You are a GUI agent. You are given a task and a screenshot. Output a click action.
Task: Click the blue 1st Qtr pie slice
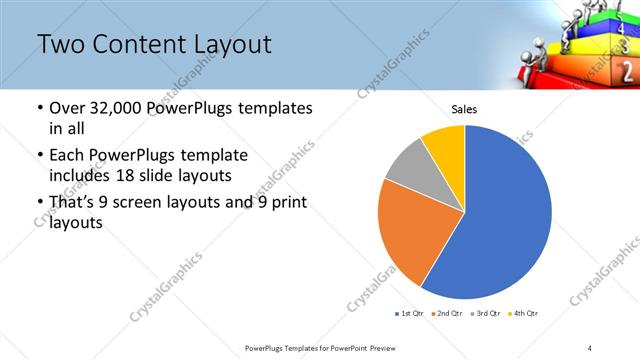pyautogui.click(x=500, y=220)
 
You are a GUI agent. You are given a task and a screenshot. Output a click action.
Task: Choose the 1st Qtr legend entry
pyautogui.click(x=409, y=314)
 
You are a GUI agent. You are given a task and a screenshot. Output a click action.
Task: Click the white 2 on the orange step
pyautogui.click(x=628, y=72)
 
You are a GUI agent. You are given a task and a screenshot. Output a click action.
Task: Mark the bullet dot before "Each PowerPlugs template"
pyautogui.click(x=39, y=156)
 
